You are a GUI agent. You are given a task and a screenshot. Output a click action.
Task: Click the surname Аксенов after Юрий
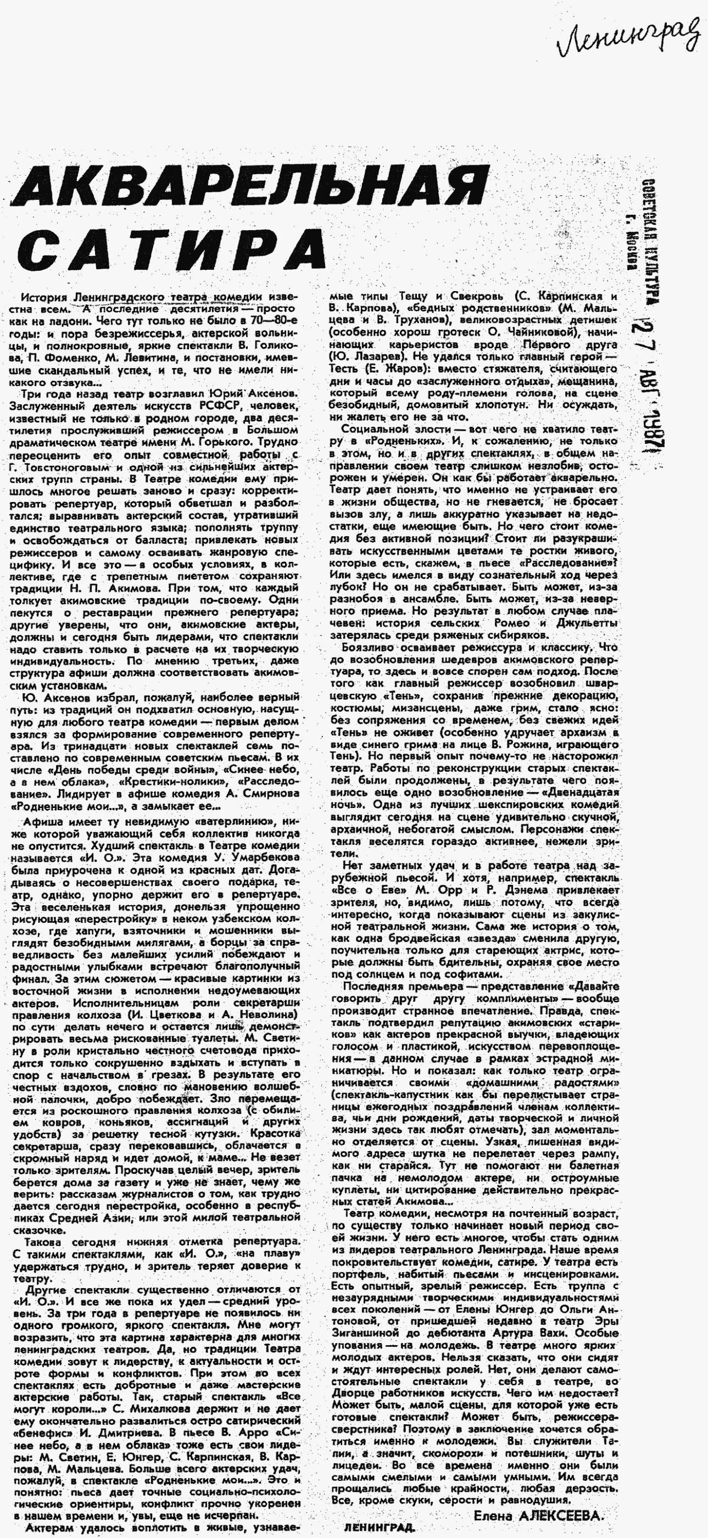[x=270, y=394]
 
